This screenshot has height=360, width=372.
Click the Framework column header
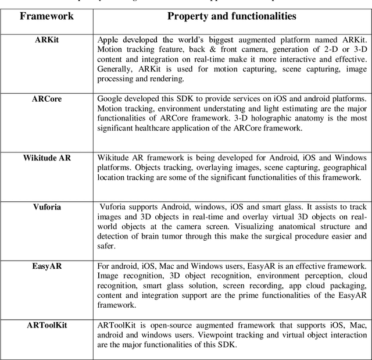(x=47, y=16)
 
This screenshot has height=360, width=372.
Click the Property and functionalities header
(x=232, y=16)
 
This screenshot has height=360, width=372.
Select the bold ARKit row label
(x=46, y=40)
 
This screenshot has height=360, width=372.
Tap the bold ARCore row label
(x=46, y=99)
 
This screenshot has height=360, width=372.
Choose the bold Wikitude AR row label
(x=46, y=158)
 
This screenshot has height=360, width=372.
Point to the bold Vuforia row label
(x=47, y=206)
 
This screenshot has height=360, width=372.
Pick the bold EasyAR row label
(x=47, y=266)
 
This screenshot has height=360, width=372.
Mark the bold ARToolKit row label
(x=46, y=325)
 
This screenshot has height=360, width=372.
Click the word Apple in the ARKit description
(x=109, y=40)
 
